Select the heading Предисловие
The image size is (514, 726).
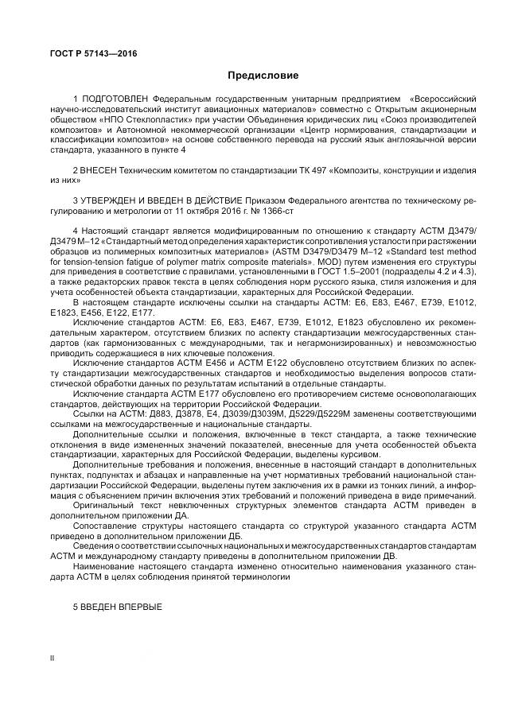[x=263, y=76]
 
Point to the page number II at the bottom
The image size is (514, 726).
[x=53, y=658]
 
